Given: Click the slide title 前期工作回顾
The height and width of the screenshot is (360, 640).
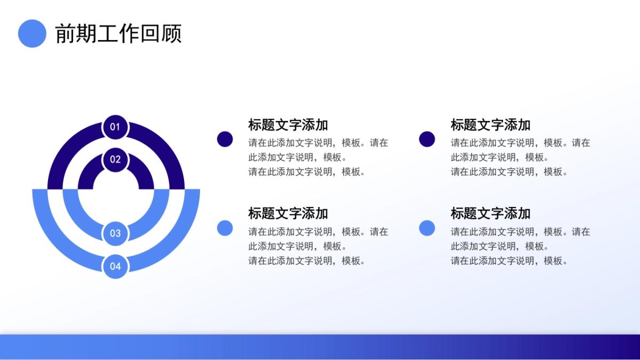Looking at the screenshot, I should [x=118, y=34].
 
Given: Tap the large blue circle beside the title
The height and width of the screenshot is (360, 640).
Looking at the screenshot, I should [x=32, y=34].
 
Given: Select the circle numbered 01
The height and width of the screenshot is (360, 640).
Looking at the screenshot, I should [x=115, y=127].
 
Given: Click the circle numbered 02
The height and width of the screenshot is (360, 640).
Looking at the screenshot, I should [x=115, y=159].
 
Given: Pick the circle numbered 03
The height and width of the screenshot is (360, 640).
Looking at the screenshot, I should [x=115, y=233].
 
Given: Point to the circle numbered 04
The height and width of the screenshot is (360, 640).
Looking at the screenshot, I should [x=115, y=266].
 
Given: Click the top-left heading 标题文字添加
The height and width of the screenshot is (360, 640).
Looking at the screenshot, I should [x=288, y=125].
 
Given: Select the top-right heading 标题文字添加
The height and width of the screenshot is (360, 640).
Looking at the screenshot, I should [x=490, y=125].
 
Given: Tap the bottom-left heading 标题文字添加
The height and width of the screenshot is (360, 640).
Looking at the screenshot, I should [x=288, y=213].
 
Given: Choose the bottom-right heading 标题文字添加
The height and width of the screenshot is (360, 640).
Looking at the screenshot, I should [x=490, y=213].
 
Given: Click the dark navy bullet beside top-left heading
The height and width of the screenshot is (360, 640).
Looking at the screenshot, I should [x=225, y=139].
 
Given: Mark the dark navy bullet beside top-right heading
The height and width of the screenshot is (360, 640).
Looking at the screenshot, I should [x=427, y=139].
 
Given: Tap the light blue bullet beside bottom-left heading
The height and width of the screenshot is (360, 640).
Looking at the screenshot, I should [x=225, y=228].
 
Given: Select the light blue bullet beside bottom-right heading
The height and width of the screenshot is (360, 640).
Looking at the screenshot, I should [x=427, y=228].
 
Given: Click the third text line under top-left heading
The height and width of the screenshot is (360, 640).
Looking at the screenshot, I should [x=307, y=172].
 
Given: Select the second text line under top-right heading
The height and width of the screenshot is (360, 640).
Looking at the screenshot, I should [x=500, y=157].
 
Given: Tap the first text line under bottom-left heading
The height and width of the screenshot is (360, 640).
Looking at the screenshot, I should [x=318, y=232].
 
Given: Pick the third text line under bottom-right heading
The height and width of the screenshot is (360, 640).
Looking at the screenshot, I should [x=509, y=261].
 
